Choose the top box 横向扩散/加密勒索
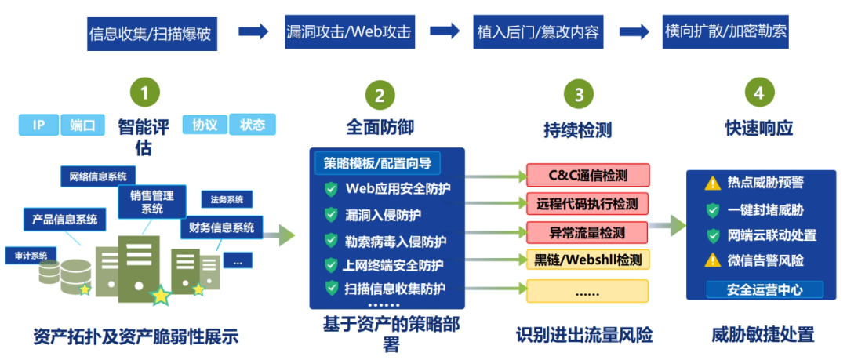coord(725,32)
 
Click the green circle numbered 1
coord(144,92)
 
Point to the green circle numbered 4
coord(758,93)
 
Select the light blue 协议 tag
coord(204,125)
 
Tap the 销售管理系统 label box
coord(151,201)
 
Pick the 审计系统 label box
coord(31,256)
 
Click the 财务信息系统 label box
coord(222,228)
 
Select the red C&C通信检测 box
coord(587,175)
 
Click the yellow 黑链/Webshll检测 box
coord(587,260)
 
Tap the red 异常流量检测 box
coord(587,232)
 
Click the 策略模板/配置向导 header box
coord(378,163)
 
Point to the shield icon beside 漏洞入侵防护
coord(331,214)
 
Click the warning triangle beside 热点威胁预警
coord(712,184)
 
